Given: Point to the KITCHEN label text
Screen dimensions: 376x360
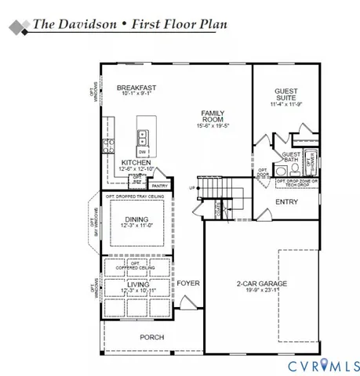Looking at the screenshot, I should [135, 163].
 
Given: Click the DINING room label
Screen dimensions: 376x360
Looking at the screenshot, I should [135, 219].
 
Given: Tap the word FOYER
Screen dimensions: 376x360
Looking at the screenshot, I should [187, 283].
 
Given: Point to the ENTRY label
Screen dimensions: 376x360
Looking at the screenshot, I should [286, 201].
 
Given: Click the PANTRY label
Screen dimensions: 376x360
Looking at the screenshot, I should [160, 186].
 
